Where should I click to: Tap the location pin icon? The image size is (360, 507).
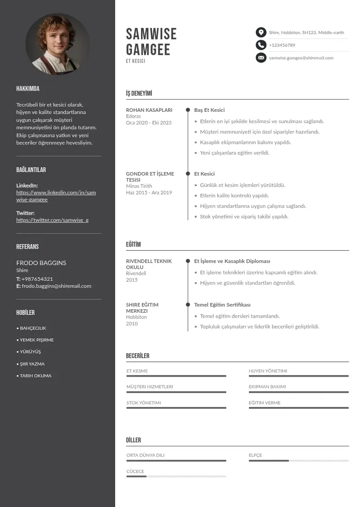point(261,32)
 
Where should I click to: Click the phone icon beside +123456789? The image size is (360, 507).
point(261,45)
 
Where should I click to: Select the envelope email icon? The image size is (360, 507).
point(261,57)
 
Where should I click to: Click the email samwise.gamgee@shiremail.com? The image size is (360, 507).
point(301,58)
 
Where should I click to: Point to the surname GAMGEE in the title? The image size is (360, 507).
point(148,49)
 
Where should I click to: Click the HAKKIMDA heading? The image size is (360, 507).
point(28,89)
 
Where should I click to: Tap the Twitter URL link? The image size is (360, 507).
point(52,220)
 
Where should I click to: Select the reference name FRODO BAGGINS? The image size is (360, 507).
point(41,263)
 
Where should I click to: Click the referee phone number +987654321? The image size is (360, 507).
point(37,279)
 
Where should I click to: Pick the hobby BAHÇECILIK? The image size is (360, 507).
point(33,328)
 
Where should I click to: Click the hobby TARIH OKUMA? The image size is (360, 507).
point(35,376)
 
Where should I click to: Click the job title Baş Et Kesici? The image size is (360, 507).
point(209,110)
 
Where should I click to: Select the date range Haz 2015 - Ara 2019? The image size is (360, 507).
point(149,192)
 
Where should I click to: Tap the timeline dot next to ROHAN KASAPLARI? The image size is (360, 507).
point(188,110)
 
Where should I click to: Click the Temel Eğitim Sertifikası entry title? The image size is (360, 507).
point(222,305)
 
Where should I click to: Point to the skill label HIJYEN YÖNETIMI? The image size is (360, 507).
point(268,371)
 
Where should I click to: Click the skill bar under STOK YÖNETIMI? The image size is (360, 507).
point(176,408)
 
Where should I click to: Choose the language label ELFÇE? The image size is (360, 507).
point(255,455)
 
